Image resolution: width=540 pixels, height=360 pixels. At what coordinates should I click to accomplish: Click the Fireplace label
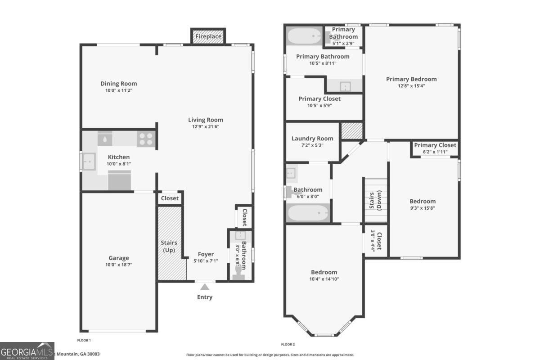pyautogui.click(x=208, y=36)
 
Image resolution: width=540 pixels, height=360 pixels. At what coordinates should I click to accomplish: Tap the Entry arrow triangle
pyautogui.click(x=205, y=287)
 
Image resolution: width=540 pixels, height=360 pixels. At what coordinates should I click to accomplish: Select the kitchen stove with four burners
pyautogui.click(x=146, y=139)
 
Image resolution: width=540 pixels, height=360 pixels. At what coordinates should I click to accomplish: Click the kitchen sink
pyautogui.click(x=89, y=162)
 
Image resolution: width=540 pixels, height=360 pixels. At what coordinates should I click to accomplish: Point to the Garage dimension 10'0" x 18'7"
pyautogui.click(x=119, y=265)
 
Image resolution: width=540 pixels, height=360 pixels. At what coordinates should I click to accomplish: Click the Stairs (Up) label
pyautogui.click(x=169, y=246)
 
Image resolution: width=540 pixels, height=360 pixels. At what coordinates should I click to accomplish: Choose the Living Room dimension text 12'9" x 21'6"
pyautogui.click(x=206, y=126)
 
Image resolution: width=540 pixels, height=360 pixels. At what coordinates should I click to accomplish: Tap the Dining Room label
pyautogui.click(x=119, y=84)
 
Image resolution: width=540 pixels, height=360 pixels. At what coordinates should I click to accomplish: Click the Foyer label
pyautogui.click(x=206, y=254)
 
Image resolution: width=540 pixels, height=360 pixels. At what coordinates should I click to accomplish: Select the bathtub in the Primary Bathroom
pyautogui.click(x=304, y=36)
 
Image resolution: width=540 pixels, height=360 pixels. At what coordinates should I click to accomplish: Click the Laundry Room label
pyautogui.click(x=312, y=139)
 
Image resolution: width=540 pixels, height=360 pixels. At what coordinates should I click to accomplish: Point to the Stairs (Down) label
pyautogui.click(x=375, y=200)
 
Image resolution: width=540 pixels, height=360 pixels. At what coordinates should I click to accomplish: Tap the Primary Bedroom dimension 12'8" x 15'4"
pyautogui.click(x=411, y=86)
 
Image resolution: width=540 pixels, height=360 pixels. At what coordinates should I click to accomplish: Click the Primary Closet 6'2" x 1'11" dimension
pyautogui.click(x=435, y=152)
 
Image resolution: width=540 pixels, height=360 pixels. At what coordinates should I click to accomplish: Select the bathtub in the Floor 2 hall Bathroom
pyautogui.click(x=308, y=213)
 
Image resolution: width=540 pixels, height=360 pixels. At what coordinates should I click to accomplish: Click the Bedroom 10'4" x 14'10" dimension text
pyautogui.click(x=324, y=279)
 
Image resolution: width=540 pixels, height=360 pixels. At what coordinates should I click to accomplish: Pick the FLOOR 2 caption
pyautogui.click(x=288, y=344)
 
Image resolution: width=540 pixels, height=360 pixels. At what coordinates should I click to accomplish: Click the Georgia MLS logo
pyautogui.click(x=27, y=351)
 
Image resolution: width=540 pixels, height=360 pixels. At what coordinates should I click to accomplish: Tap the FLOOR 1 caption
pyautogui.click(x=84, y=340)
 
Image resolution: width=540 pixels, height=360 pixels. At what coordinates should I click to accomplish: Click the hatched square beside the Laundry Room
pyautogui.click(x=352, y=130)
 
